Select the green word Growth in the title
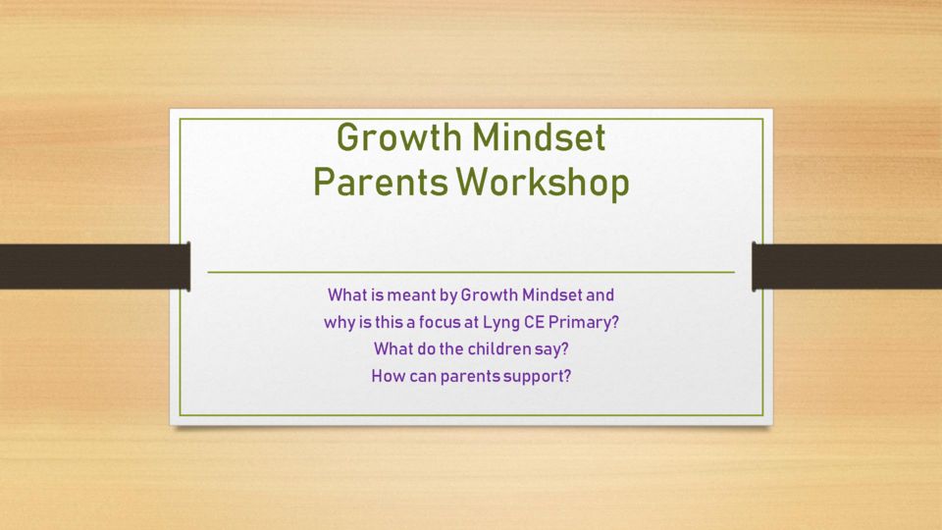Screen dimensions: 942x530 [399, 137]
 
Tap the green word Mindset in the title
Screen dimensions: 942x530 [539, 137]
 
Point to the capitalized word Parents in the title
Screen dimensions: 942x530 [381, 183]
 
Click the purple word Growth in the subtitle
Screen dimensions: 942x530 [489, 295]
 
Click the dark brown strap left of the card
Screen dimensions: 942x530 [95, 266]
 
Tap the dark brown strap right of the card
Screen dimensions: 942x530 [847, 266]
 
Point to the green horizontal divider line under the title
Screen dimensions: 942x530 [471, 272]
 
